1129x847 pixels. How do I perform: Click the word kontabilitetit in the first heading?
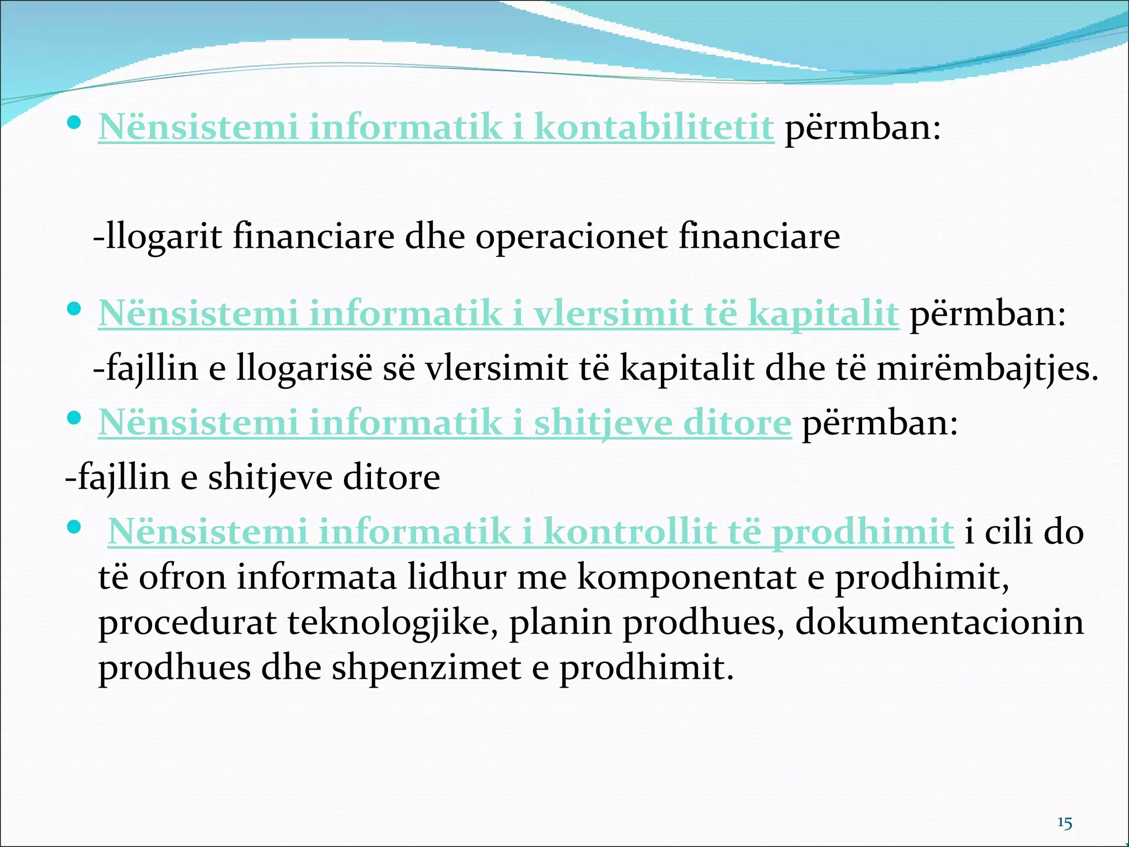point(654,127)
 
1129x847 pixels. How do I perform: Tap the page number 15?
point(1065,823)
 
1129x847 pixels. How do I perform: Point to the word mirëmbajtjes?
point(987,368)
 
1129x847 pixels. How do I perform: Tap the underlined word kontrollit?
point(630,532)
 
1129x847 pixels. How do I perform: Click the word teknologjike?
point(393,623)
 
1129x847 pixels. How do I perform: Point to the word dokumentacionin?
point(939,623)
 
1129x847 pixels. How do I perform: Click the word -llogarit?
point(158,237)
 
